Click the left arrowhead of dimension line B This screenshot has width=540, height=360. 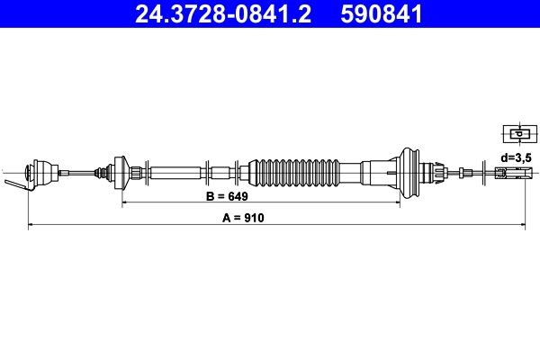[125, 203]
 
